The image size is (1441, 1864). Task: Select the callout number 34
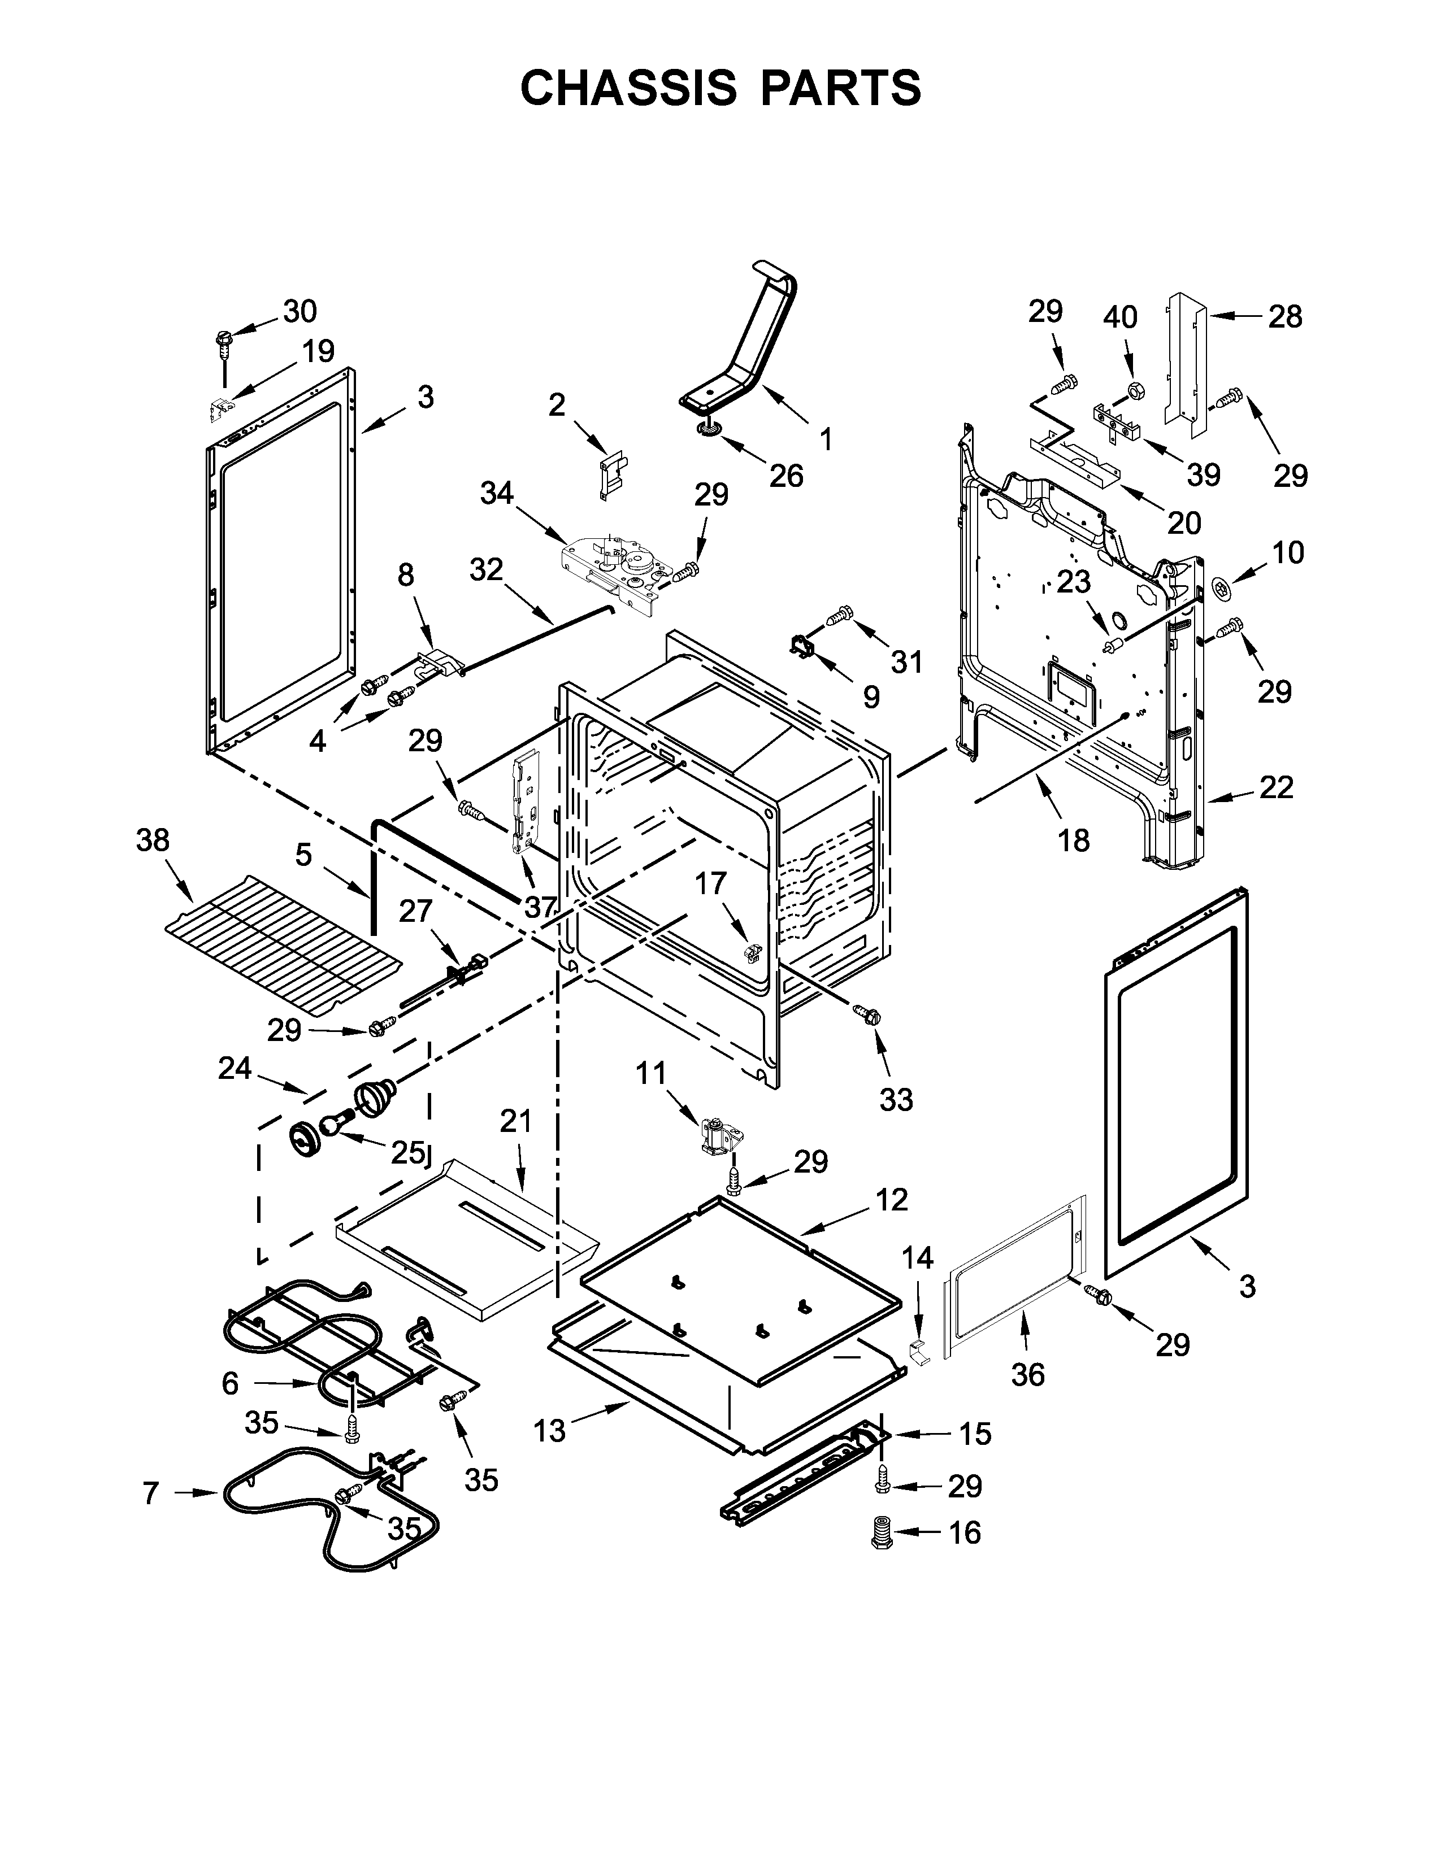pyautogui.click(x=497, y=493)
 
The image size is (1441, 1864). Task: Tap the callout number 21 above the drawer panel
pyautogui.click(x=515, y=1121)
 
